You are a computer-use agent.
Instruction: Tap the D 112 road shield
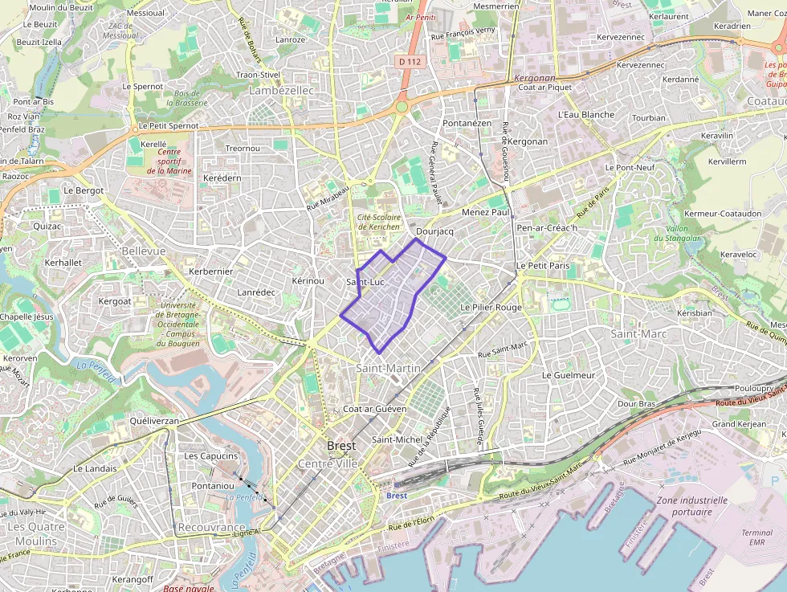pyautogui.click(x=409, y=61)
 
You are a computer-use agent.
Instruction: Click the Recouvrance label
pyautogui.click(x=211, y=527)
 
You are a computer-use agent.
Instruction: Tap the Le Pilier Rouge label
pyautogui.click(x=491, y=308)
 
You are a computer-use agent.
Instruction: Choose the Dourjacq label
pyautogui.click(x=435, y=231)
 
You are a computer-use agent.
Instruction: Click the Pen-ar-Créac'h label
pyautogui.click(x=548, y=228)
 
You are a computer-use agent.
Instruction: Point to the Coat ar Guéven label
pyautogui.click(x=374, y=409)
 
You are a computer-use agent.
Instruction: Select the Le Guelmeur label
pyautogui.click(x=569, y=375)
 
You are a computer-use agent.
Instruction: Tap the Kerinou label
pyautogui.click(x=308, y=281)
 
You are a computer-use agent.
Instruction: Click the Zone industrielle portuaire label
pyautogui.click(x=691, y=505)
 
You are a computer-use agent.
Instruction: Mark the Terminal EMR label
pyautogui.click(x=756, y=537)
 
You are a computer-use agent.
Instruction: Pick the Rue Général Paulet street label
pyautogui.click(x=438, y=173)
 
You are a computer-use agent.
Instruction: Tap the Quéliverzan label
pyautogui.click(x=153, y=421)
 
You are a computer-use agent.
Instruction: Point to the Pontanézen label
pyautogui.click(x=467, y=124)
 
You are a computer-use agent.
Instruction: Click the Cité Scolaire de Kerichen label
pyautogui.click(x=378, y=222)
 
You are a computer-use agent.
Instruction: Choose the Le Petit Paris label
pyautogui.click(x=542, y=265)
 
